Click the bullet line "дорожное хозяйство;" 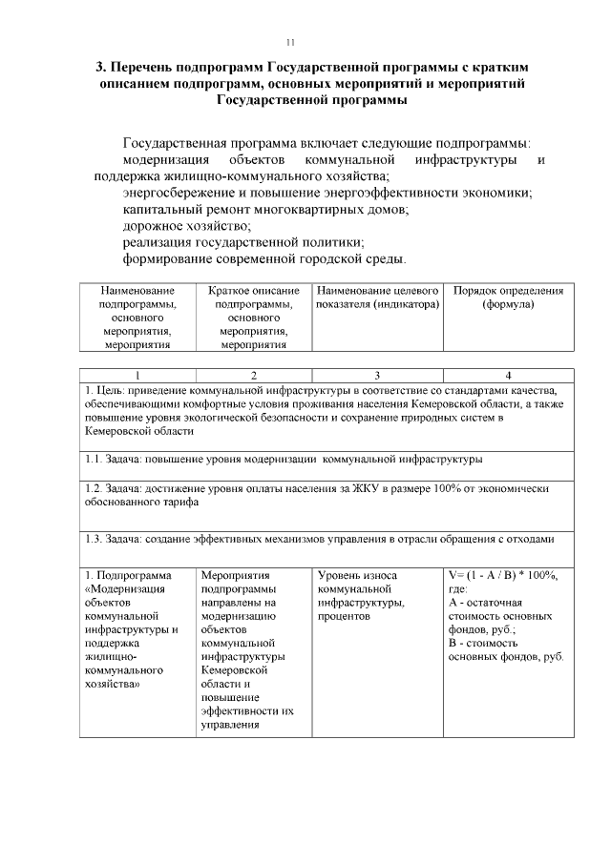click(187, 226)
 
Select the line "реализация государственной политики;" click(243, 242)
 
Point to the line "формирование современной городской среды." click(264, 258)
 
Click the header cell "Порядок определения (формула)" click(508, 298)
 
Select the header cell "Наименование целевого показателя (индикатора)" click(377, 298)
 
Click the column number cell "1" click(138, 375)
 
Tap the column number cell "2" click(254, 375)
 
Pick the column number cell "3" click(377, 375)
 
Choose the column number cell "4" click(508, 375)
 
